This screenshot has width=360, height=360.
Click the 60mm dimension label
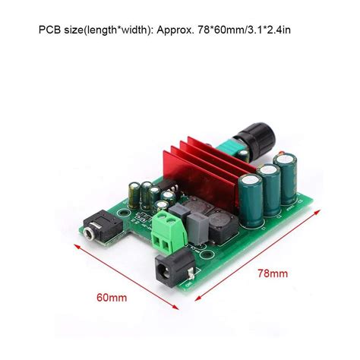point(112,298)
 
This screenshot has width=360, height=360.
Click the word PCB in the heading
point(49,32)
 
